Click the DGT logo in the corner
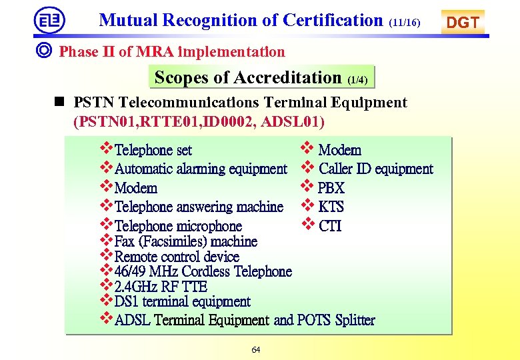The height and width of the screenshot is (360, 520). (x=463, y=22)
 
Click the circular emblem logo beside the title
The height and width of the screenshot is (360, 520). (x=50, y=20)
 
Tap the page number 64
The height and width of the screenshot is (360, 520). (x=256, y=349)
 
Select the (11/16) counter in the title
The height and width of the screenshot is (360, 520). (x=405, y=23)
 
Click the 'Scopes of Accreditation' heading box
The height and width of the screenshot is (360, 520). (x=261, y=77)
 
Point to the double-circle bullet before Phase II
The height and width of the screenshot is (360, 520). (x=46, y=51)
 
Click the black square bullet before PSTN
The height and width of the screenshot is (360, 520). (x=60, y=102)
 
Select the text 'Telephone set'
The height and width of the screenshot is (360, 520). (x=153, y=151)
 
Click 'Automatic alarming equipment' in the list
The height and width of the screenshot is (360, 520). (x=201, y=169)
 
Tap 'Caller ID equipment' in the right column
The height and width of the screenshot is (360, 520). (x=376, y=169)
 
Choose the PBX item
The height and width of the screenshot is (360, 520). (x=331, y=188)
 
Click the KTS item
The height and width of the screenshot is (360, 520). (x=331, y=207)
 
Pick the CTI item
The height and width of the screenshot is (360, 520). (x=330, y=226)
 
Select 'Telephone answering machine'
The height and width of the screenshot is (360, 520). (x=199, y=207)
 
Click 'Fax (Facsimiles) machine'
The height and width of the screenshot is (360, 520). (x=185, y=241)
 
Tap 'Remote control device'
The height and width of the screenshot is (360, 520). (x=177, y=257)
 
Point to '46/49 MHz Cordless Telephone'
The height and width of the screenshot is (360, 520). (x=203, y=271)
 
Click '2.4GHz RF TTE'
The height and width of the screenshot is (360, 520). (x=161, y=287)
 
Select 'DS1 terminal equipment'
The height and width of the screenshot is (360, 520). (x=182, y=302)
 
